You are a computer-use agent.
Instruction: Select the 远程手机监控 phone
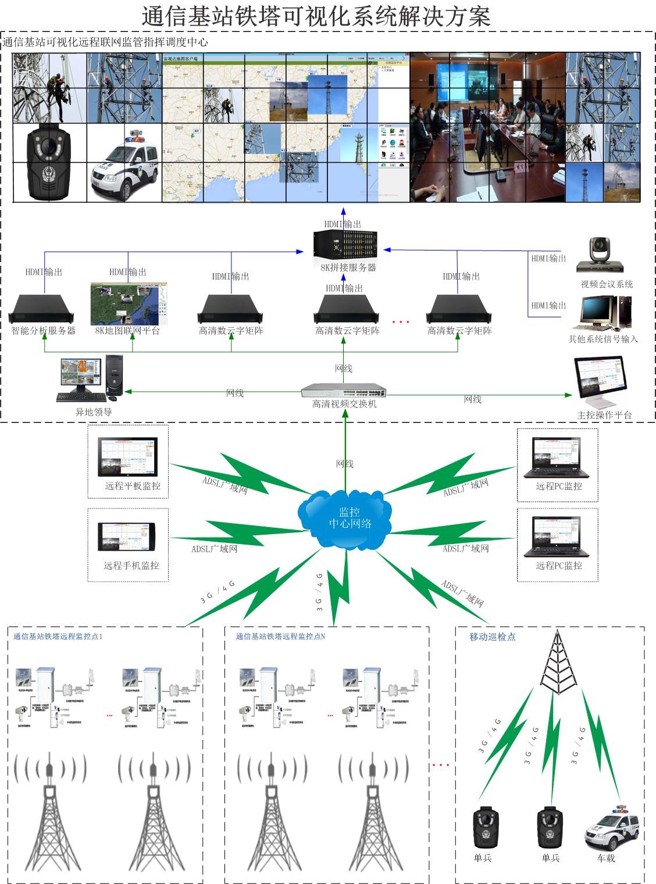[127, 536]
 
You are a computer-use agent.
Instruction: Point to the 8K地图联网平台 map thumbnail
[129, 303]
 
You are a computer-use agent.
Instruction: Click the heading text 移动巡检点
[492, 636]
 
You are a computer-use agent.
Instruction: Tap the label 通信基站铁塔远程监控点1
[58, 636]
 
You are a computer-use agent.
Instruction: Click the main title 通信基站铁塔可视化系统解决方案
[316, 16]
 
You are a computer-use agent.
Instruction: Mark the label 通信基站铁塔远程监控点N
[280, 636]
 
